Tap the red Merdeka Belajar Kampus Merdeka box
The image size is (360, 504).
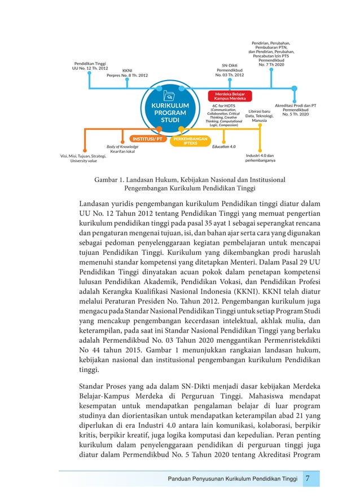click(230, 96)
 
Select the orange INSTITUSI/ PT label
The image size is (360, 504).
click(147, 138)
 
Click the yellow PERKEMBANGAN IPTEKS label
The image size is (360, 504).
click(190, 140)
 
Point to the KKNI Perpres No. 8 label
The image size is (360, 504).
click(127, 73)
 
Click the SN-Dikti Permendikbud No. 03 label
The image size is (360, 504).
click(230, 70)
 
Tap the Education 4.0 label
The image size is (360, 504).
click(224, 147)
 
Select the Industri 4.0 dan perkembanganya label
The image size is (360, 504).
click(260, 158)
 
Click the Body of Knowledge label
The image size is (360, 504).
click(122, 147)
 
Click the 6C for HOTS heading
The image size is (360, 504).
click(224, 105)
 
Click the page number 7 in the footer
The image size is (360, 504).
click(308, 479)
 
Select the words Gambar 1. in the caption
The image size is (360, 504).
click(111, 180)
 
